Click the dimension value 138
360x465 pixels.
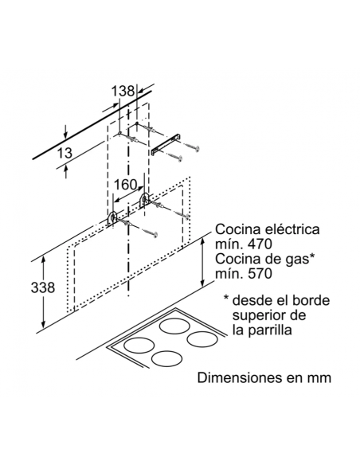point(123,91)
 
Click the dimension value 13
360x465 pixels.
point(64,153)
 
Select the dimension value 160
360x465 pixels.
point(125,185)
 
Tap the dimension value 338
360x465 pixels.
point(43,287)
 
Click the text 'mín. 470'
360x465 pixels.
point(244,244)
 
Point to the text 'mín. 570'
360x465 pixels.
point(244,273)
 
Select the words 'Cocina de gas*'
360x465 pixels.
point(264,259)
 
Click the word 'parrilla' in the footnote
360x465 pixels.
point(269,330)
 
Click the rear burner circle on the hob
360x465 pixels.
point(175,326)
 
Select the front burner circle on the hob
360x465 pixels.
point(166,358)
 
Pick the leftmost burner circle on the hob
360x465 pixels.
point(139,346)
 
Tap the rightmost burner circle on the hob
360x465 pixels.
point(203,338)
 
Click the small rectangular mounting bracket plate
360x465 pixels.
point(166,143)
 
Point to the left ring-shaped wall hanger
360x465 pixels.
point(112,220)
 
